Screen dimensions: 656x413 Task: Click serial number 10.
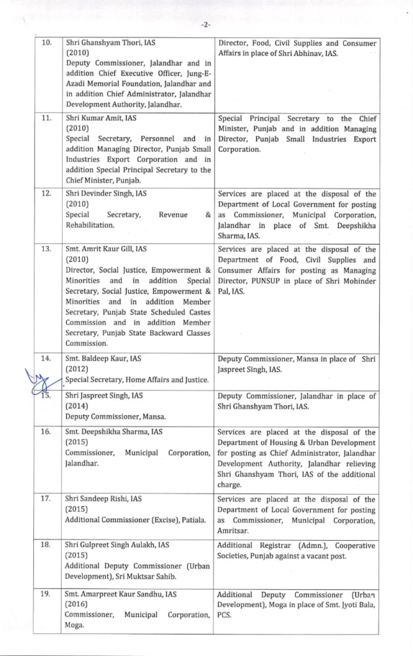(47, 44)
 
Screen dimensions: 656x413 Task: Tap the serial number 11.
(47, 119)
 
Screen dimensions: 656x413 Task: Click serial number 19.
(47, 594)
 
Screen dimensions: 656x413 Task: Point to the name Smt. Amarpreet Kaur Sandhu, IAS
(121, 594)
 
